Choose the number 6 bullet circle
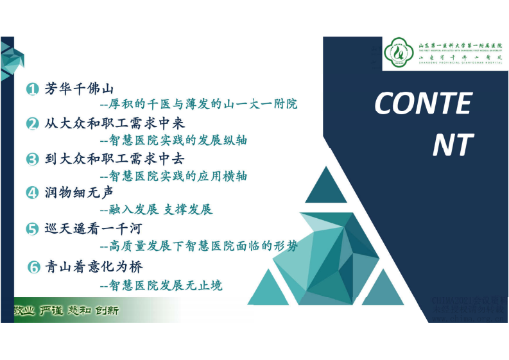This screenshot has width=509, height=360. (35, 266)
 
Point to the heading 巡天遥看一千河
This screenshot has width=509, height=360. (93, 228)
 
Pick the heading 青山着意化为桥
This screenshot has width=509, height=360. (93, 266)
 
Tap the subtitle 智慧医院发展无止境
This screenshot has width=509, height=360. (162, 284)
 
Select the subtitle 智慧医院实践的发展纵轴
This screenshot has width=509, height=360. (174, 140)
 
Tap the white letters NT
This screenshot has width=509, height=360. (453, 145)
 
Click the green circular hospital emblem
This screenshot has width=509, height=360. (400, 53)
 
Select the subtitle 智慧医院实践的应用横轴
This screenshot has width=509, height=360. (174, 175)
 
